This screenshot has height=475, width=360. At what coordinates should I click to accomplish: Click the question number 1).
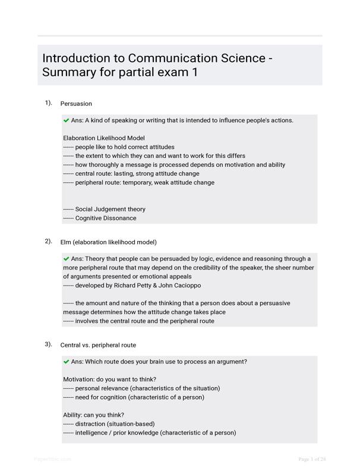[x=48, y=103]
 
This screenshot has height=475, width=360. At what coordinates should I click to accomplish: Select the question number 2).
[x=48, y=241]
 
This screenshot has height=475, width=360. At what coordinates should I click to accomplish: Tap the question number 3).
[x=48, y=344]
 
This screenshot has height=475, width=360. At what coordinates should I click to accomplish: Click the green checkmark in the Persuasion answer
[x=66, y=120]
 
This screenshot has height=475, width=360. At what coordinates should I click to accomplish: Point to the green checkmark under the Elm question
[x=66, y=259]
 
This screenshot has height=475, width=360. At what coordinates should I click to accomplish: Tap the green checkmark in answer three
[x=66, y=362]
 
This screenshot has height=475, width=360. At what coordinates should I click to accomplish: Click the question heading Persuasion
[x=76, y=103]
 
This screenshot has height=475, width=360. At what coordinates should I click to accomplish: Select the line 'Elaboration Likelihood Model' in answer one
[x=104, y=138]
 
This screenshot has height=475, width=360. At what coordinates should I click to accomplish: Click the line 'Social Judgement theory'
[x=110, y=209]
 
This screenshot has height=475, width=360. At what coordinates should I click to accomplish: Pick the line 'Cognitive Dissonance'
[x=106, y=218]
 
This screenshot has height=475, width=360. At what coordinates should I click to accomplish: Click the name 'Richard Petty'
[x=128, y=286]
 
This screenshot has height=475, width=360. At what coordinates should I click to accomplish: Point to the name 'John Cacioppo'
[x=178, y=286]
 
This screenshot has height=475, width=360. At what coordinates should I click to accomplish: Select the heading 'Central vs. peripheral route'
[x=98, y=345]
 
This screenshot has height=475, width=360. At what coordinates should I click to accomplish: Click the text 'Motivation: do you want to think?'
[x=110, y=379]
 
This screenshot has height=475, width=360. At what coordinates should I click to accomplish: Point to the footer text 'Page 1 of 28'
[x=312, y=459]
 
